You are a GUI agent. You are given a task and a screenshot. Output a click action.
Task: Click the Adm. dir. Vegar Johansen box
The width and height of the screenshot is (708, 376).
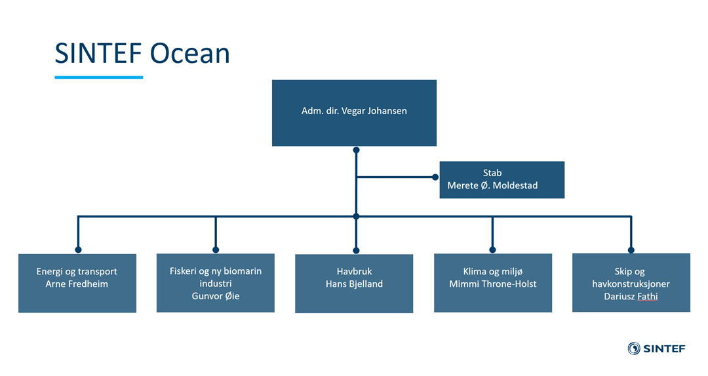354,113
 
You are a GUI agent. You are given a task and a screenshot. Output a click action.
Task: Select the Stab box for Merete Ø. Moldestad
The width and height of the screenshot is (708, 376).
501,179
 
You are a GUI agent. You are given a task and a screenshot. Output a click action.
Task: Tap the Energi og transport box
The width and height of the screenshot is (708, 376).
77,283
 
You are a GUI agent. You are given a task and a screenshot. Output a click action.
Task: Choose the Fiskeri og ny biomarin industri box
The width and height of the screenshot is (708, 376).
216,282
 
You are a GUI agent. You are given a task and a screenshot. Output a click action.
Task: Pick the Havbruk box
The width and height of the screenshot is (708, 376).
354,284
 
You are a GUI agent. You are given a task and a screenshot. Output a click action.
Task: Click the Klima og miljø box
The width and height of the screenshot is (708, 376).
492,282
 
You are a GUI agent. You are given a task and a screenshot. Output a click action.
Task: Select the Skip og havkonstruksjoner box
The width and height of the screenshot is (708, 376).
631,282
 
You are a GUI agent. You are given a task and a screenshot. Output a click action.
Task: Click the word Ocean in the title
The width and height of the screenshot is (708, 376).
189,53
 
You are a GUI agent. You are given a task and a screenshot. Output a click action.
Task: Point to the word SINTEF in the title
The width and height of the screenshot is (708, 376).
98,53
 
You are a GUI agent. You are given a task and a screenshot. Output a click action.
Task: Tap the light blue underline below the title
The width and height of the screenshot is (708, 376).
99,77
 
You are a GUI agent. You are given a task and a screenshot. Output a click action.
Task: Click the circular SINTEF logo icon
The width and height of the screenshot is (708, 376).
634,348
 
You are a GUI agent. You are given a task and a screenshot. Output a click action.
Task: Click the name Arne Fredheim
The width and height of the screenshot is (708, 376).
77,284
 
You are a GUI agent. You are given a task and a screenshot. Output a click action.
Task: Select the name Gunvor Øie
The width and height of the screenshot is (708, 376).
216,296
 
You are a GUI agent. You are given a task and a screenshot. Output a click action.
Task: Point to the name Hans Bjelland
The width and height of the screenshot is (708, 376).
354,284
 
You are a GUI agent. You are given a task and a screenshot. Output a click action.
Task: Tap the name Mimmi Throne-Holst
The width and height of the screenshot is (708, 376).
492,284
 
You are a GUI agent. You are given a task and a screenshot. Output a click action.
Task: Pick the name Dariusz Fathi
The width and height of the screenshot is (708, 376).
631,296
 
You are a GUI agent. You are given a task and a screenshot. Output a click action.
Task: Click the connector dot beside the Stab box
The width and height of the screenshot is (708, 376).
435,178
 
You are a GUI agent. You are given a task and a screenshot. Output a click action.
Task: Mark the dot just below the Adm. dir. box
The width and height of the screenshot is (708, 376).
356,150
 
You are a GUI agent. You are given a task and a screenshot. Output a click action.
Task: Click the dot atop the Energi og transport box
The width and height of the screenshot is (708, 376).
78,250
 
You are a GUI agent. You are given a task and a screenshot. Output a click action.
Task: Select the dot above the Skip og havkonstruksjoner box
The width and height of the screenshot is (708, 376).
631,250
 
